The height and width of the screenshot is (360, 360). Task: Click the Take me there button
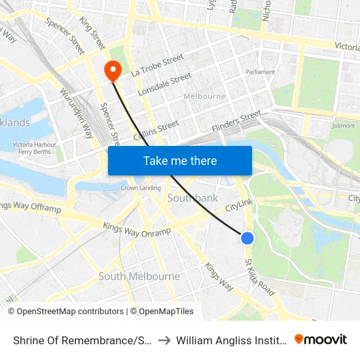pyautogui.click(x=180, y=160)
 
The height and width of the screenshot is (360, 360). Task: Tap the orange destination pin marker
pyautogui.click(x=113, y=69)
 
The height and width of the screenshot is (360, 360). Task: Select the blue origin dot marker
pyautogui.click(x=247, y=238)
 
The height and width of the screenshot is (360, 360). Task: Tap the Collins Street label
pyautogui.click(x=156, y=130)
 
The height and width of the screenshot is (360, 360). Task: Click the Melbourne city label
pyautogui.click(x=205, y=96)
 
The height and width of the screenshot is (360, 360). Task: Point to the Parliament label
pyautogui.click(x=260, y=72)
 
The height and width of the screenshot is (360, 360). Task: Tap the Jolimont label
pyautogui.click(x=343, y=126)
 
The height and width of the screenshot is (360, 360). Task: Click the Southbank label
pyautogui.click(x=192, y=198)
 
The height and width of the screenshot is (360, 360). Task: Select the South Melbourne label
pyautogui.click(x=139, y=276)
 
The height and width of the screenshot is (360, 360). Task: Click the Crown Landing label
pyautogui.click(x=141, y=188)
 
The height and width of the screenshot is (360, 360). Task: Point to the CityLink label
pyautogui.click(x=239, y=207)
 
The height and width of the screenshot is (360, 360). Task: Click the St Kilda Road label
pyautogui.click(x=260, y=277)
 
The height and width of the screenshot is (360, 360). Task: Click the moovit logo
pyautogui.click(x=320, y=340)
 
